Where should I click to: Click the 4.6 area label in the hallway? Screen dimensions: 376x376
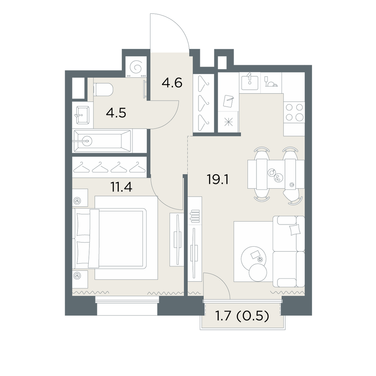coord(172,83)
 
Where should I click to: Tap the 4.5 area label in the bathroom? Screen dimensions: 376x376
coord(116,113)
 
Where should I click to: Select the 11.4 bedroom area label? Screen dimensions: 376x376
coord(121,187)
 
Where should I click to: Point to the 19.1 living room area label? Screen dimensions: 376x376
coord(217,179)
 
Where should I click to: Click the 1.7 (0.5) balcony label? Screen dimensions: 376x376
coord(242,316)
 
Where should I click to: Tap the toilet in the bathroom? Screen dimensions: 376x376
coord(103,89)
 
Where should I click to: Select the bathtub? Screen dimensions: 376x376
coord(103,141)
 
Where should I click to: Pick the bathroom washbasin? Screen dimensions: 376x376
coord(82,115)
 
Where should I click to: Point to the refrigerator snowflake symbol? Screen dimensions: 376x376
coord(229,122)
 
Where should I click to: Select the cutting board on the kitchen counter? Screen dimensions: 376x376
coord(228,101)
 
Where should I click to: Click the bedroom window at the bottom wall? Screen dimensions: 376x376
coord(127,306)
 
